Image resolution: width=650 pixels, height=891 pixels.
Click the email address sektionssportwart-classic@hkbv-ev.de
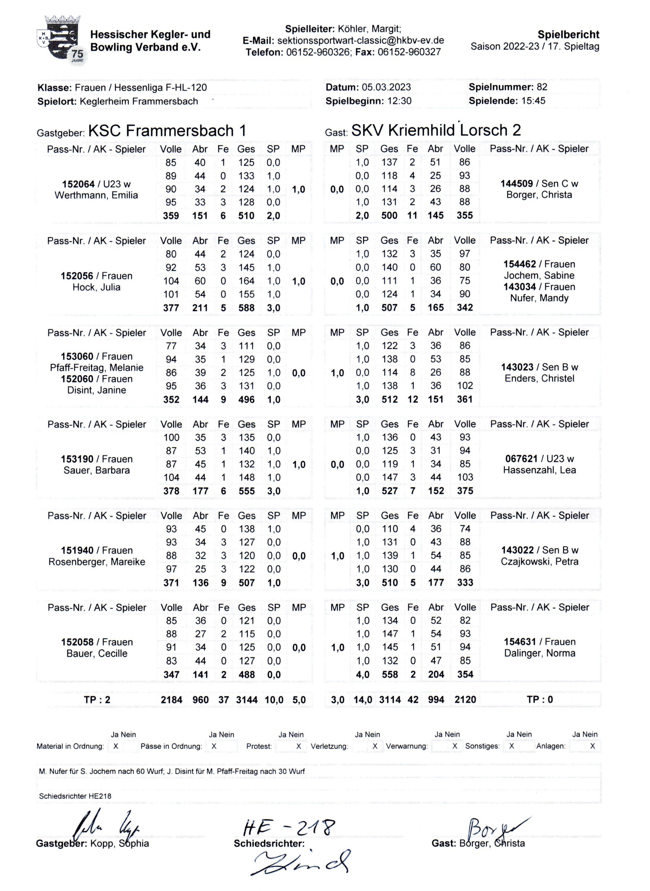361,41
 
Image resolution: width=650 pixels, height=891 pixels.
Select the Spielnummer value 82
542,87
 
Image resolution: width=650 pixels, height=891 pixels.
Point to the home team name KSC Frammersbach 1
167,130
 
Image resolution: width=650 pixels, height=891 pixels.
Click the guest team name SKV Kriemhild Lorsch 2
436,130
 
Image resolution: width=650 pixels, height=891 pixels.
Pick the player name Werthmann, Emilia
96,195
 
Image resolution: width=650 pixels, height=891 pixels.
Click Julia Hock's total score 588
246,308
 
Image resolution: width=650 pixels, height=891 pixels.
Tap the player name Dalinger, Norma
540,653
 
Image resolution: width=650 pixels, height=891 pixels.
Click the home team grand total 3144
246,700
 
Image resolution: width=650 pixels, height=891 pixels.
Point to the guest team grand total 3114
390,700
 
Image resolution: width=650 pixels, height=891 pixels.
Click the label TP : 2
97,700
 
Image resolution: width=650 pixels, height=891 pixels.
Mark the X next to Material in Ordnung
116,746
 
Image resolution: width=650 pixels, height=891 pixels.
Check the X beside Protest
299,746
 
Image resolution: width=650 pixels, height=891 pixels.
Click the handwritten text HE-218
289,827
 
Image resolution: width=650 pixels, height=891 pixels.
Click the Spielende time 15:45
533,101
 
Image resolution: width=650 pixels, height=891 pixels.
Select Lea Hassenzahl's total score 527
390,491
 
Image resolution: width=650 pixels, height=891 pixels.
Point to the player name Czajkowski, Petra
540,562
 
